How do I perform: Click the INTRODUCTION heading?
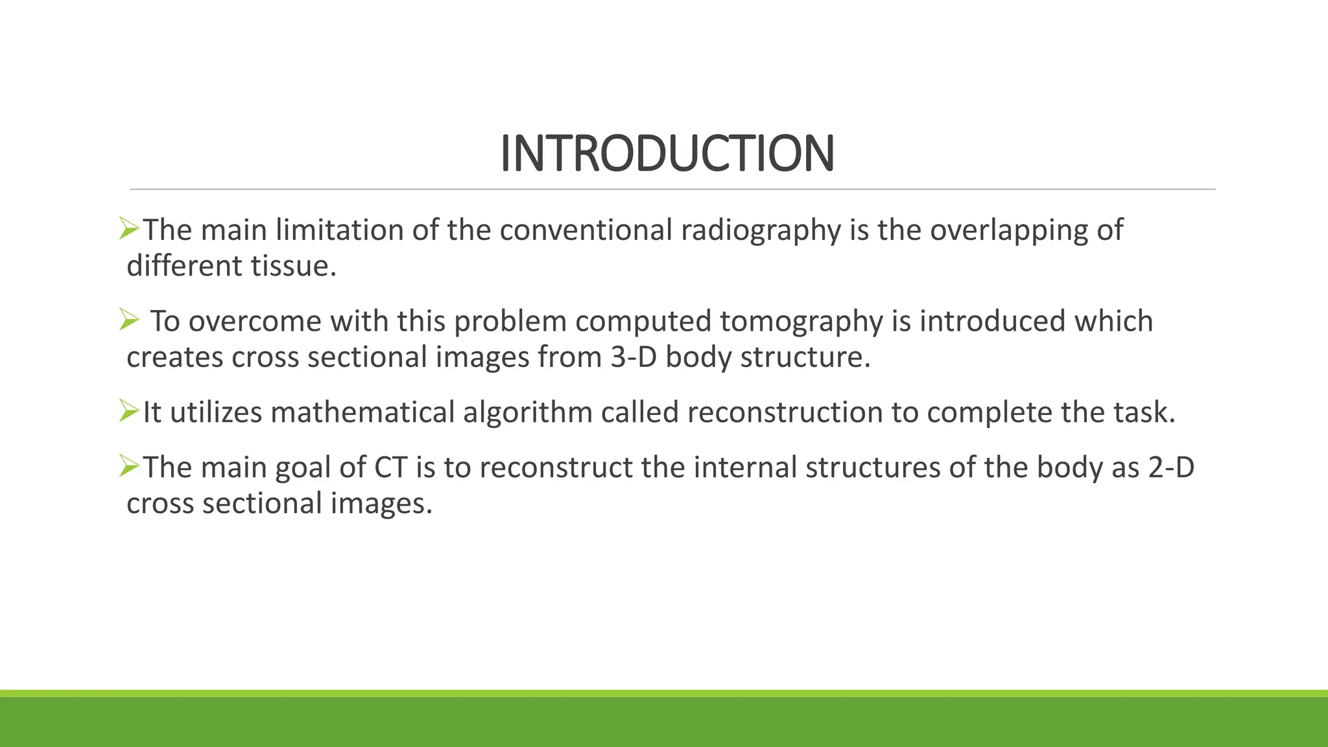tap(667, 154)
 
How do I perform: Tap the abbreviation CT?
tap(391, 468)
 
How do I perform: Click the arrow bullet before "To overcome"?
tap(129, 320)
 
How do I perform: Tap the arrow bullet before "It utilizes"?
tap(129, 410)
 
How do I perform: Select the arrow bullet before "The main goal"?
tap(129, 466)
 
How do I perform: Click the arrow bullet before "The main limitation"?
tap(129, 228)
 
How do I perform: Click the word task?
tap(1144, 412)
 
